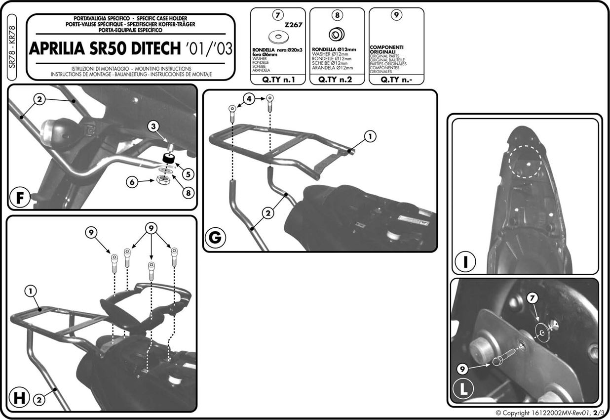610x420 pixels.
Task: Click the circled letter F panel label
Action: coord(19,198)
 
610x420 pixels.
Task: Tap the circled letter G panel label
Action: coord(215,237)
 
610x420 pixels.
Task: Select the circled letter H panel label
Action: coord(19,398)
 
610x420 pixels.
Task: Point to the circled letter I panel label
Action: coord(465,261)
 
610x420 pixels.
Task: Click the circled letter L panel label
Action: coord(463,389)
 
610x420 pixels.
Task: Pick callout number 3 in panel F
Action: coord(153,126)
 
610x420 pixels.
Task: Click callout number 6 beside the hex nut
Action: coord(132,182)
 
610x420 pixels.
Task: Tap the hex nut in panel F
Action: coord(164,180)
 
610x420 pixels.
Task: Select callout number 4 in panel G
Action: coord(249,99)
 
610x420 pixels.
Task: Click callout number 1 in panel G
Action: coord(370,136)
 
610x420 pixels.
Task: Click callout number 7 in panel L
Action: coord(532,298)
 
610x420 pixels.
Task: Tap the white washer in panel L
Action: coord(542,332)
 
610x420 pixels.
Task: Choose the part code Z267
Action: coord(293,25)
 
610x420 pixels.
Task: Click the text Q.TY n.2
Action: coord(335,80)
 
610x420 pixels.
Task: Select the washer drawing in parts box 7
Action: coord(278,37)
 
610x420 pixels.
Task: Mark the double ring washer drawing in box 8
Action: coord(337,35)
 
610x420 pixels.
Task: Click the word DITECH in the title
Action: coord(156,49)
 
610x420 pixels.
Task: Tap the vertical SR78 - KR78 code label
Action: coord(12,47)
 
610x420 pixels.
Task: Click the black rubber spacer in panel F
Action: coord(169,159)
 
